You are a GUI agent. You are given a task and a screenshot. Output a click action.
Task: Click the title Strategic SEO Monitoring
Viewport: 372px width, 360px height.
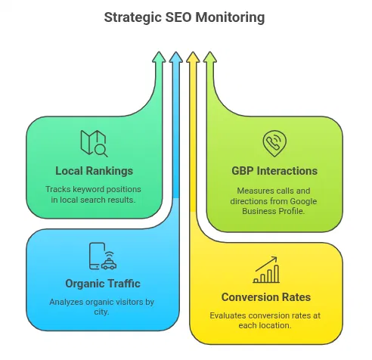tap(186, 16)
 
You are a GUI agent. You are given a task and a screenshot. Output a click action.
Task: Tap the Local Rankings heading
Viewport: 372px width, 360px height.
tap(94, 170)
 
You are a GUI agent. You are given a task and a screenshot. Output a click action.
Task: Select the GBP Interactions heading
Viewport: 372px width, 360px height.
tap(274, 170)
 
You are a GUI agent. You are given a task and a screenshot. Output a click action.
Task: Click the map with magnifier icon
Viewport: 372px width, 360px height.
tap(94, 143)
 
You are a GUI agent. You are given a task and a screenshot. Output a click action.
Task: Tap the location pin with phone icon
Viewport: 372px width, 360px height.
tap(274, 143)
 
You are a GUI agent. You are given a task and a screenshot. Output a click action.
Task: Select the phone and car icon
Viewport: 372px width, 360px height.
tap(102, 256)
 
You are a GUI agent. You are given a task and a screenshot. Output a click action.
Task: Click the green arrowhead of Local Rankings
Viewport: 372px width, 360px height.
tap(158, 57)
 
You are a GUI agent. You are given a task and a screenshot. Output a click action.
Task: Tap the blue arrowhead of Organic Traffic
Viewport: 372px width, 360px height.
tap(175, 57)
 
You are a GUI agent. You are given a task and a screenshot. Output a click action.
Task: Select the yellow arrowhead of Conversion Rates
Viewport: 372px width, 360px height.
tap(193, 57)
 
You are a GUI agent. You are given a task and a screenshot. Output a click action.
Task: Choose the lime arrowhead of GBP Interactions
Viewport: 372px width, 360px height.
tap(210, 57)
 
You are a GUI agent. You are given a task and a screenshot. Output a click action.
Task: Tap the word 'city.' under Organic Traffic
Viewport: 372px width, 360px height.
tap(103, 311)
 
